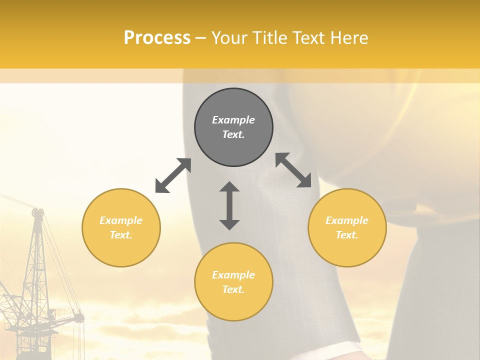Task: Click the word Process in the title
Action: tap(157, 38)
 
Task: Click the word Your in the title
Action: tap(228, 38)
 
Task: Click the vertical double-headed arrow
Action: tap(229, 205)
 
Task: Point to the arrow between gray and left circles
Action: tap(173, 175)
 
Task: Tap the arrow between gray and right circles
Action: tap(293, 170)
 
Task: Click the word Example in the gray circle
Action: tap(233, 120)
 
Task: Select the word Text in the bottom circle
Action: tap(233, 289)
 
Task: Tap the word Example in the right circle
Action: tap(347, 220)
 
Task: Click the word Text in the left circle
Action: tap(121, 235)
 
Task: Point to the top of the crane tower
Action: tap(37, 212)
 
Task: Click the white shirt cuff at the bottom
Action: tap(345, 350)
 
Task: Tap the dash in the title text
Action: tap(201, 38)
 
